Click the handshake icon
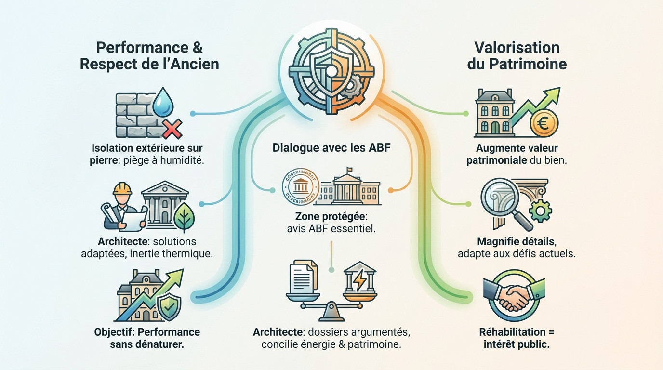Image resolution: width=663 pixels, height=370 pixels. coord(513,297)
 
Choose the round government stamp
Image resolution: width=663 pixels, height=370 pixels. coord(300,190)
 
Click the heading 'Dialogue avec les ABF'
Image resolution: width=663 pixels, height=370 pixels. coord(331,147)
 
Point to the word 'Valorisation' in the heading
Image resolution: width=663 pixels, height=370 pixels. coord(516,47)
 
